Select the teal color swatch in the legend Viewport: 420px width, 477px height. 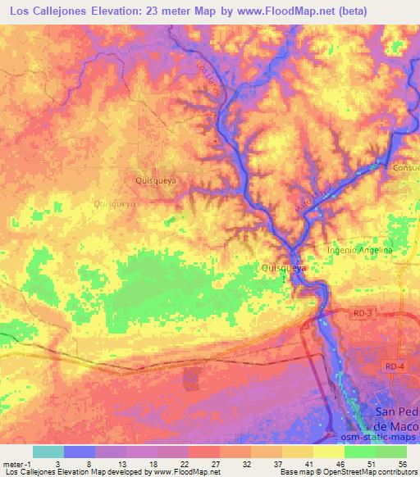48,452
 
